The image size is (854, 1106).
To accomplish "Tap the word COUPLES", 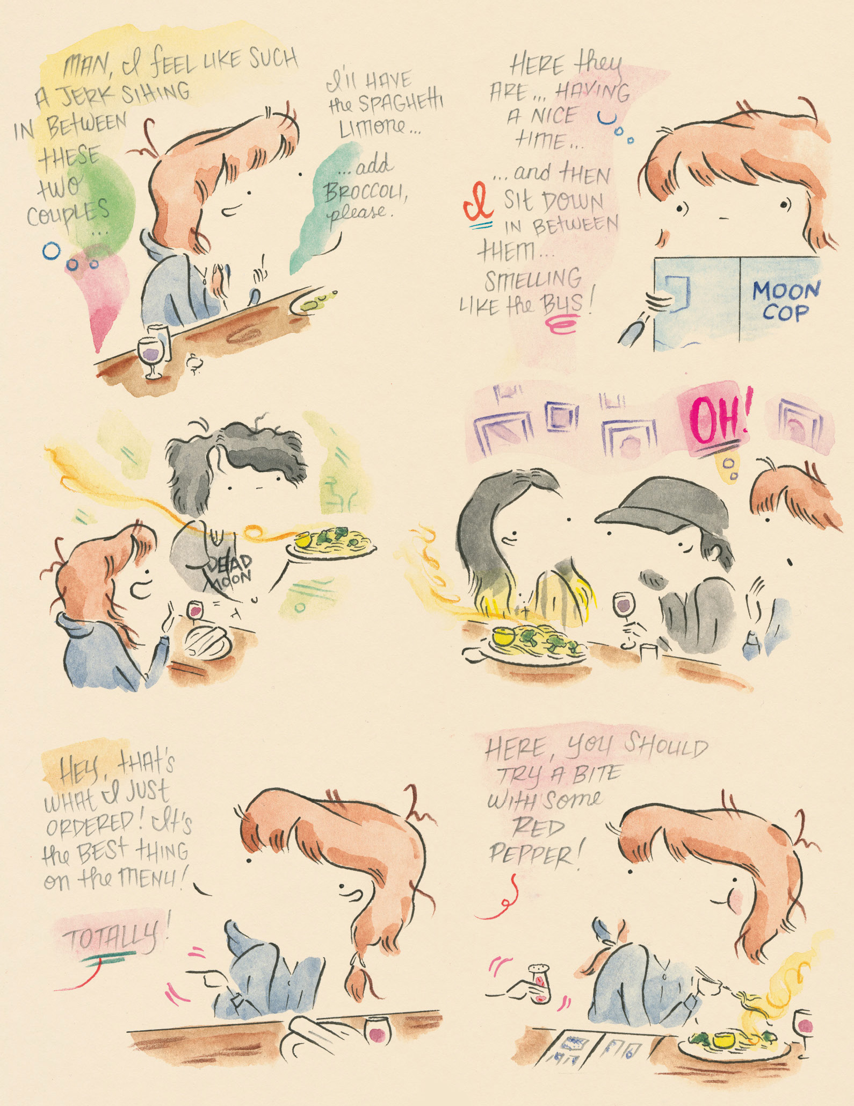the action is (68, 214).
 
